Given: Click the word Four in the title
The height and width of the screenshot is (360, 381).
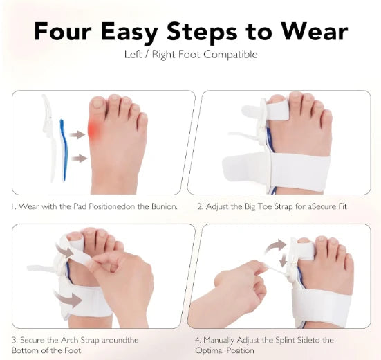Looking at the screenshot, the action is point(63,31).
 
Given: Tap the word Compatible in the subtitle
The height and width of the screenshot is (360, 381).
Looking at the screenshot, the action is point(230,54).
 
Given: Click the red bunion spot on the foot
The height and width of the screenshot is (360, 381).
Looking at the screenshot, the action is point(93,129).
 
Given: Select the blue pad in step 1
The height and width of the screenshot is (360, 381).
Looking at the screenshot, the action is point(63,150).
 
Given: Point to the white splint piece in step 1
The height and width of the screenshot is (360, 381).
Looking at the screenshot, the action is point(49,138).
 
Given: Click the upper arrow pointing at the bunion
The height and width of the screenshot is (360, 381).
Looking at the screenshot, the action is point(77,134).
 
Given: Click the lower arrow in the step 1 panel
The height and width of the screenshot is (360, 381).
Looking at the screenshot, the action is point(79,159).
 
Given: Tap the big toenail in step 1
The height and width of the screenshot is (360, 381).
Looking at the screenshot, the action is point(98,104).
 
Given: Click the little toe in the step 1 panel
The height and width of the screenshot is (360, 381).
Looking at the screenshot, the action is point(143,122).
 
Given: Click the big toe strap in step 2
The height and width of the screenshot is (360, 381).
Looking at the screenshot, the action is point(277,111).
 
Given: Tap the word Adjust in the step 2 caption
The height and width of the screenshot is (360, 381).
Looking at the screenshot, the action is point(217,206).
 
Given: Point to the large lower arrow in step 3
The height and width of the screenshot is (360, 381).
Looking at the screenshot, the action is point(68,298).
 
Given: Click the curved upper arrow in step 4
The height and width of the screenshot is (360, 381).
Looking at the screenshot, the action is point(274,246).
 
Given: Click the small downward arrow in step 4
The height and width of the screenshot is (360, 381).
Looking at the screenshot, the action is point(283,260).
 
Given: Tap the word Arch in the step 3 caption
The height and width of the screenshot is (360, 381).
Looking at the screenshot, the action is point(70,340).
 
